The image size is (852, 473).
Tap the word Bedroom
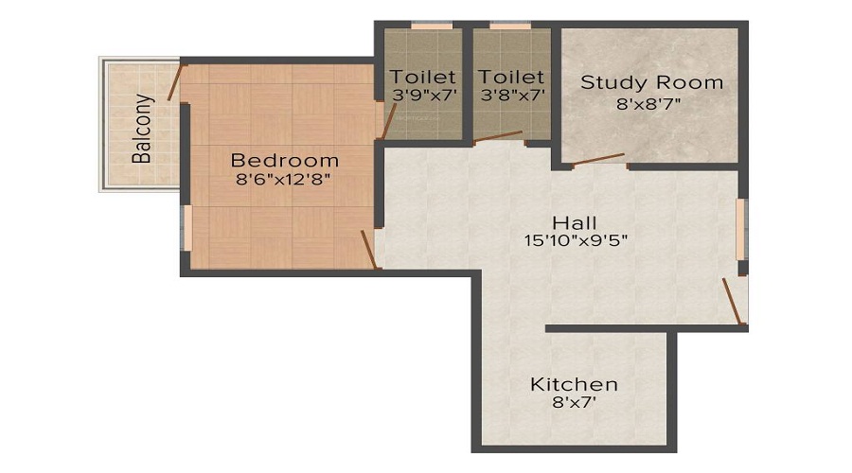click(x=284, y=159)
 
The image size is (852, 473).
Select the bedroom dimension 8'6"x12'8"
click(x=284, y=178)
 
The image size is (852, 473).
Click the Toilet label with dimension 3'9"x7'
click(x=423, y=77)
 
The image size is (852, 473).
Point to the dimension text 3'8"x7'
click(x=511, y=95)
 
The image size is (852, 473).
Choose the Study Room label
click(x=651, y=82)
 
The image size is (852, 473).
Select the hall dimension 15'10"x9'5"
click(x=577, y=240)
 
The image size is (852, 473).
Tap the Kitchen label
click(x=574, y=384)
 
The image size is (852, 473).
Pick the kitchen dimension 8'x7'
click(x=574, y=403)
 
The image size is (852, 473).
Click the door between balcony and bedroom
click(x=174, y=82)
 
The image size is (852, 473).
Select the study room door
click(x=598, y=159)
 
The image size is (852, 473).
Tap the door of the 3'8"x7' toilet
click(x=498, y=136)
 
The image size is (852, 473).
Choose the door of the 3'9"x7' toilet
click(x=387, y=120)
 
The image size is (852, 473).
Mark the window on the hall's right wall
click(x=741, y=228)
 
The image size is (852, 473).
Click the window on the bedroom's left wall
click(x=187, y=228)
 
